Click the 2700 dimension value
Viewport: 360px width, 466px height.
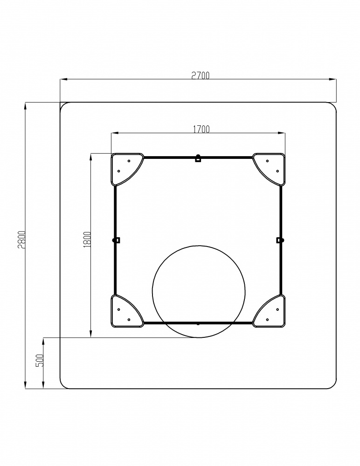coord(200,76)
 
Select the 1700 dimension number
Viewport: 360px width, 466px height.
coord(201,129)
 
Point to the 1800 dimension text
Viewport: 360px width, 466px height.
coord(87,239)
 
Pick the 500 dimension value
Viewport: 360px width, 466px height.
coord(40,361)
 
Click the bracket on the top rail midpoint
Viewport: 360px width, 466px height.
coord(198,158)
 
